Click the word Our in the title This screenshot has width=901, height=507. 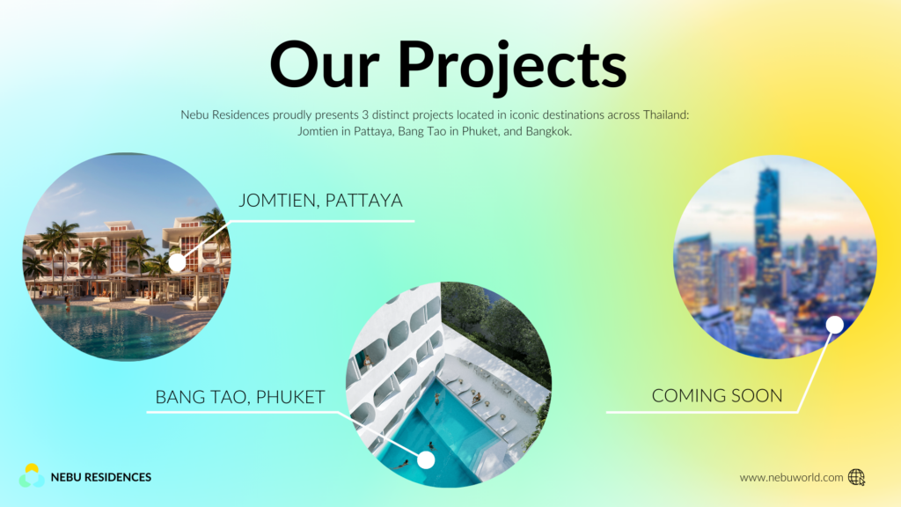point(326,64)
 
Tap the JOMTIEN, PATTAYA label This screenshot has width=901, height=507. point(320,201)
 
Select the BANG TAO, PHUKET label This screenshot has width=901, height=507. point(240,397)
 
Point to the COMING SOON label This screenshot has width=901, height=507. point(717,396)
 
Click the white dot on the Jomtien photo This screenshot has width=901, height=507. point(177,262)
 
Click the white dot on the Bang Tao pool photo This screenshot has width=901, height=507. point(426,459)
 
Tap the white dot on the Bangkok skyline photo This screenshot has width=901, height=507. point(835,325)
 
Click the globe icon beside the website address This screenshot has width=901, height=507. point(857,477)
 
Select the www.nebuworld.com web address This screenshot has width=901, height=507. point(791,478)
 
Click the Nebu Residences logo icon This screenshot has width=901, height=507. point(32,476)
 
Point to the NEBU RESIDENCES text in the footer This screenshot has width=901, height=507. point(101,477)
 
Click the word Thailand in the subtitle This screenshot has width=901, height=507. point(666,114)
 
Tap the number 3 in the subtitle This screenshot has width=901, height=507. point(365,115)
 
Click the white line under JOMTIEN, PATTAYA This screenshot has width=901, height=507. point(322,221)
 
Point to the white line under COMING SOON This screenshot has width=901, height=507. point(702,412)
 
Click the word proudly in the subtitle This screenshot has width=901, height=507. point(292,115)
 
